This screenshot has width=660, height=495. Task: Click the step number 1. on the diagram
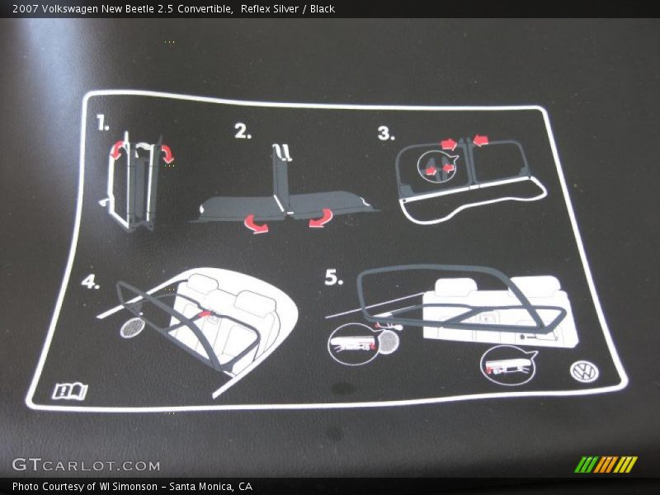(x=102, y=123)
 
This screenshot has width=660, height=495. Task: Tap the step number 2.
(x=243, y=131)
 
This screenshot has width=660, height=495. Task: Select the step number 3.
(x=386, y=134)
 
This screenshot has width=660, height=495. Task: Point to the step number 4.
(x=91, y=281)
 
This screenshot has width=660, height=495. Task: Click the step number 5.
(x=334, y=277)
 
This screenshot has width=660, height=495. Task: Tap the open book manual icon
(x=70, y=391)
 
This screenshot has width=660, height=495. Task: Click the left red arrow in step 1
(x=117, y=150)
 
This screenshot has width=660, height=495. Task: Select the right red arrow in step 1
(x=167, y=154)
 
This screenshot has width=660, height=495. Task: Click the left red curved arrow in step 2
(x=256, y=224)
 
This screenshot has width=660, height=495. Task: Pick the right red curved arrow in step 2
(x=321, y=219)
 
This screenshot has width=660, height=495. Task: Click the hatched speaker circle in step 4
(x=133, y=327)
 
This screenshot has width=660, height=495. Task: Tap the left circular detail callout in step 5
(x=353, y=343)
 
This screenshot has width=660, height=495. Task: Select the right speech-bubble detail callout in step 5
(x=508, y=365)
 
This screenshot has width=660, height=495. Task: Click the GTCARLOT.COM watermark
(x=86, y=464)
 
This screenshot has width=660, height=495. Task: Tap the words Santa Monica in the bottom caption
(x=201, y=487)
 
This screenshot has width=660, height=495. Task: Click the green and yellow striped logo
(x=606, y=464)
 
